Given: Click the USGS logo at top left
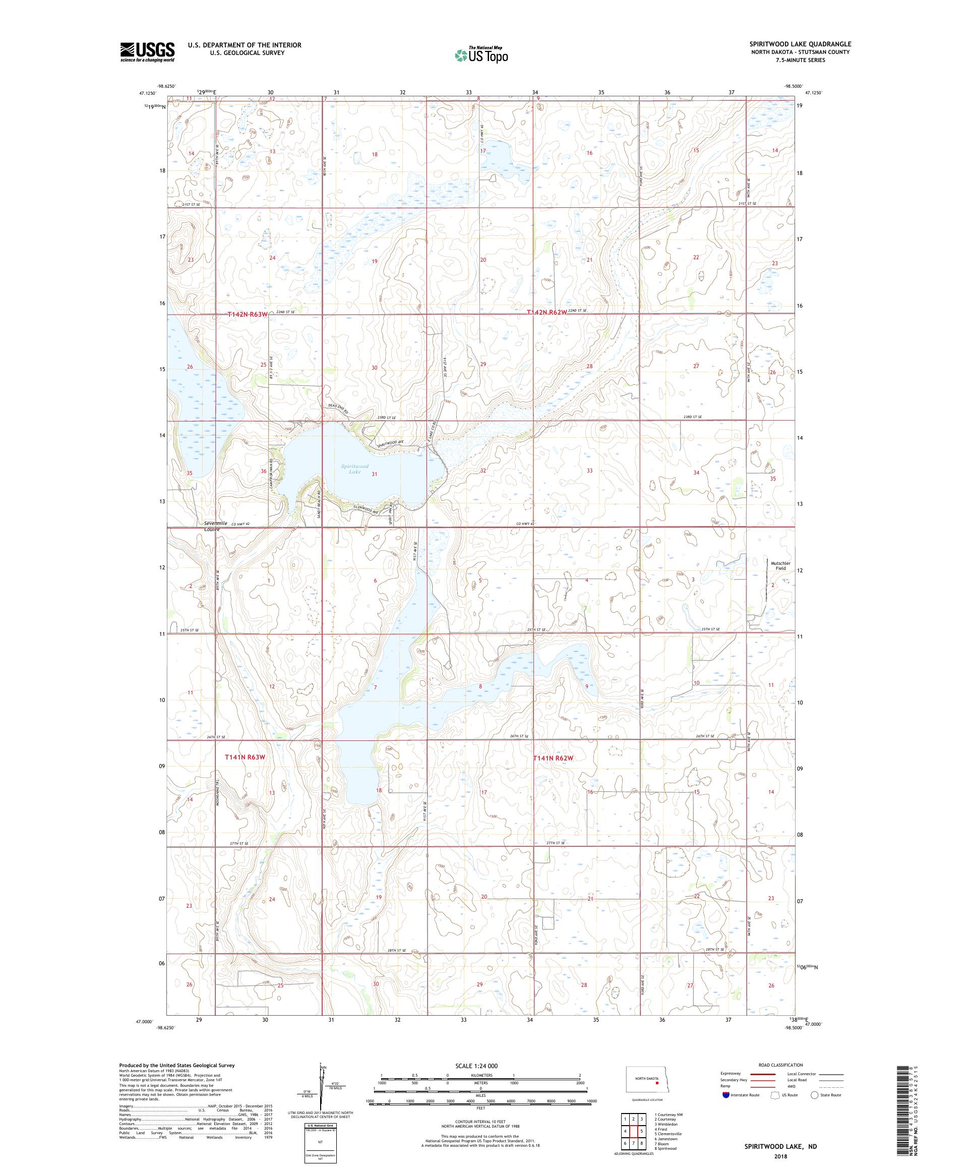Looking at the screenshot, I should click(147, 52).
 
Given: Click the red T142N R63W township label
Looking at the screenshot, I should click(247, 315).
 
